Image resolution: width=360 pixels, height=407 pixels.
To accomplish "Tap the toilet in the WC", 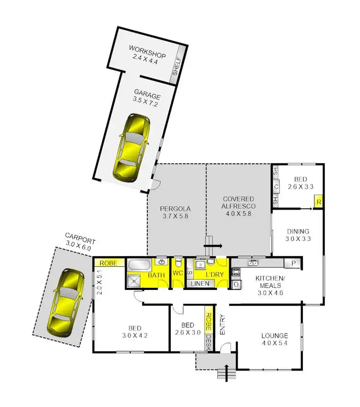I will (178, 263).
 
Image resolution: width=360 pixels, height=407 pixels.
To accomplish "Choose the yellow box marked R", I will (318, 202).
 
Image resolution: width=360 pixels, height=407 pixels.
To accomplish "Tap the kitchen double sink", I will (253, 263).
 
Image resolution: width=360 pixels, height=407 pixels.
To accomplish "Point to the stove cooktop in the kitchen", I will (236, 273).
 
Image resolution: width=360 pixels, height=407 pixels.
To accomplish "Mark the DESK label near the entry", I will (209, 341).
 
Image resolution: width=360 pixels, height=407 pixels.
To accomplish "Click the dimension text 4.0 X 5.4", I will (275, 344).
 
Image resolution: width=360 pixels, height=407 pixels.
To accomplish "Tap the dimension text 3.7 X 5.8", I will (175, 216).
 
